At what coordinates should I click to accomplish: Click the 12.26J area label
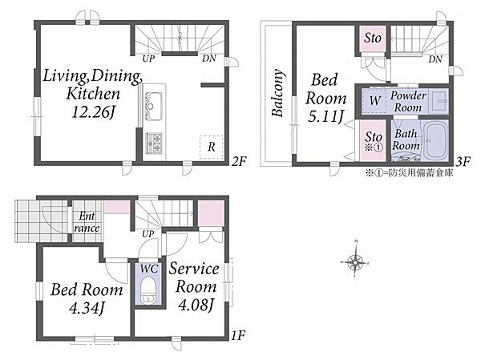pyautogui.click(x=93, y=112)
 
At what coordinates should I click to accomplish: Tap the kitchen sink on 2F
pyautogui.click(x=154, y=105)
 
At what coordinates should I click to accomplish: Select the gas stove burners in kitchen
pyautogui.click(x=154, y=143)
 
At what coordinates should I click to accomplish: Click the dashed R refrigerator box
pyautogui.click(x=212, y=147)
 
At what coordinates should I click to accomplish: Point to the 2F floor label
pyautogui.click(x=239, y=161)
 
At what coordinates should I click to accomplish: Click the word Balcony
pyautogui.click(x=277, y=93)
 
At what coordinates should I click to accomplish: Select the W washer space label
pyautogui.click(x=375, y=100)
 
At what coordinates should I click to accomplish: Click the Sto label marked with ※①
pyautogui.click(x=374, y=141)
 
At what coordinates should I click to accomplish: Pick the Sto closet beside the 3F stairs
pyautogui.click(x=373, y=38)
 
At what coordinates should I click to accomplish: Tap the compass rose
pyautogui.click(x=355, y=262)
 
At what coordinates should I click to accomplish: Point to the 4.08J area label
pyautogui.click(x=196, y=305)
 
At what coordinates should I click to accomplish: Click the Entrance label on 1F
pyautogui.click(x=87, y=222)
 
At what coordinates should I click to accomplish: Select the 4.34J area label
pyautogui.click(x=87, y=308)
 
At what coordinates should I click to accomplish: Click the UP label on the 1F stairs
pyautogui.click(x=148, y=234)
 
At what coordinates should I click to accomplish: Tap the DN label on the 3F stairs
pyautogui.click(x=435, y=59)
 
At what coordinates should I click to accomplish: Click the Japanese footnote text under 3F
pyautogui.click(x=409, y=173)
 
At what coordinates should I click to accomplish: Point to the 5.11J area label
pyautogui.click(x=325, y=117)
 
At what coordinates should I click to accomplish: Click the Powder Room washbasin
pyautogui.click(x=439, y=101)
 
